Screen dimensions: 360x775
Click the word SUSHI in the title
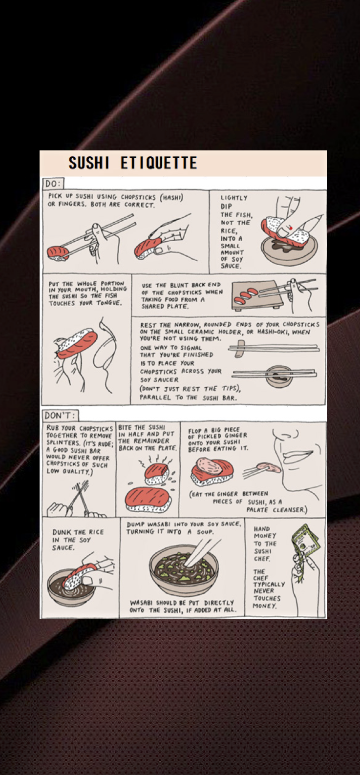coord(88,163)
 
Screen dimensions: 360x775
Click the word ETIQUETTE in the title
coord(159,163)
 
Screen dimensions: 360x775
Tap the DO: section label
coord(53,183)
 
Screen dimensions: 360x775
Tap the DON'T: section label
coord(60,415)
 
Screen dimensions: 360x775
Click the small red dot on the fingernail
coord(291,228)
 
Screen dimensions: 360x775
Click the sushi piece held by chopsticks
coord(58,252)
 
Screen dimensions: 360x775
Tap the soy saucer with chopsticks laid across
coord(279,376)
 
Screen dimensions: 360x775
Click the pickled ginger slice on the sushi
coord(209,465)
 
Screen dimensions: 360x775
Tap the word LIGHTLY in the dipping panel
coord(234,198)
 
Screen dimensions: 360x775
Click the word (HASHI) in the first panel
coord(171,197)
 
